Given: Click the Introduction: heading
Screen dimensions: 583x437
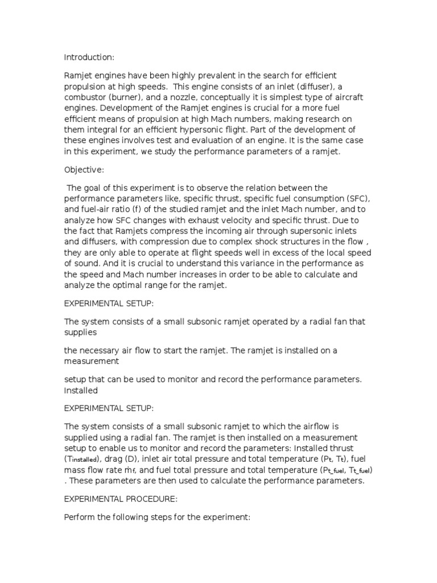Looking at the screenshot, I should [x=89, y=57].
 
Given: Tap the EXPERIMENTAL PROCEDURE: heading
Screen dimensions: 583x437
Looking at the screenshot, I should [x=121, y=499].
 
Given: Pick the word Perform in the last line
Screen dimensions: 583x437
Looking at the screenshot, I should [x=81, y=520].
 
